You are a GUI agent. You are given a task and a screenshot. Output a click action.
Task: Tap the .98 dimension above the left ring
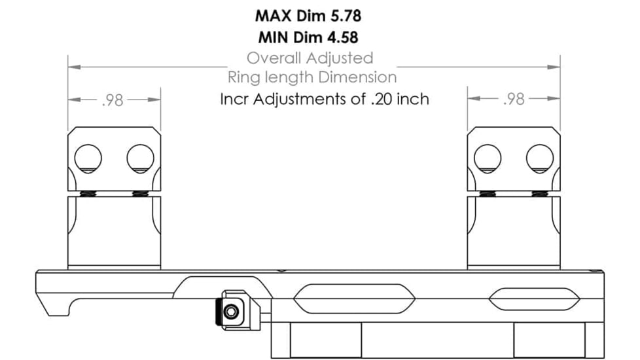(114, 100)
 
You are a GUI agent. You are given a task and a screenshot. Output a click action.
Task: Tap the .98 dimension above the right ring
(514, 100)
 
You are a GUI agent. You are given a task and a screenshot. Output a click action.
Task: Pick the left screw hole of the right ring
(488, 158)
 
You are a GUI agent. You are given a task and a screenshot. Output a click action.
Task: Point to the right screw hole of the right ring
(539, 158)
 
